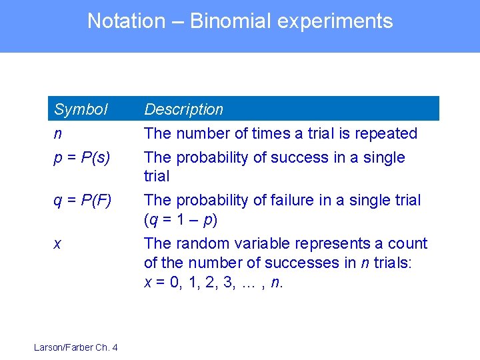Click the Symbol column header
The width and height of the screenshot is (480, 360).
point(81,109)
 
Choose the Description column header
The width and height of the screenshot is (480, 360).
point(184,109)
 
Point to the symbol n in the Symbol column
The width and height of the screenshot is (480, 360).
point(58,133)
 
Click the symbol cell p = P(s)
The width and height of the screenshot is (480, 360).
point(81,157)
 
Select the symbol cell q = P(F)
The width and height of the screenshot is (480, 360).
point(83,200)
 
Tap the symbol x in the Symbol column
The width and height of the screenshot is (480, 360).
point(57,244)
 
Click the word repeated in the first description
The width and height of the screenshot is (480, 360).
point(386,133)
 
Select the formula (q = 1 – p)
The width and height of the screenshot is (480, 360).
point(181,219)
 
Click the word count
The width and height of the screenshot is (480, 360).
point(408,244)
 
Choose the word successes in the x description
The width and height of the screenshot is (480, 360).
point(305,263)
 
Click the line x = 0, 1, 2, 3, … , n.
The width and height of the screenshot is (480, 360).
point(214,282)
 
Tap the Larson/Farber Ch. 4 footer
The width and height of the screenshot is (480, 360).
point(76,347)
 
